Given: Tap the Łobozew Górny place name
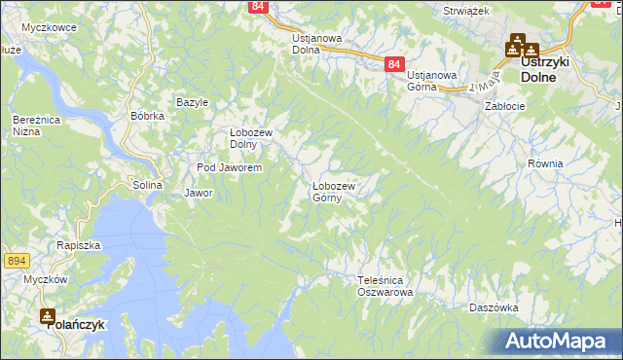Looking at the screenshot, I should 333,192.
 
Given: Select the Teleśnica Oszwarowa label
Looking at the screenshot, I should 385,285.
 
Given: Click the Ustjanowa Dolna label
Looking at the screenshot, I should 317,45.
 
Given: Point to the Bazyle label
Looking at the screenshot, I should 192,102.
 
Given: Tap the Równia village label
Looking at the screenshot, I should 545,163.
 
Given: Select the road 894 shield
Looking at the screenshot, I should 16,261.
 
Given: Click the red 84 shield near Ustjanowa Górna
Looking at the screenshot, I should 392,64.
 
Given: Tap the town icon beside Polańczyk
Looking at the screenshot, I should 48,315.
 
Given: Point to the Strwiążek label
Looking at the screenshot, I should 464,10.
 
